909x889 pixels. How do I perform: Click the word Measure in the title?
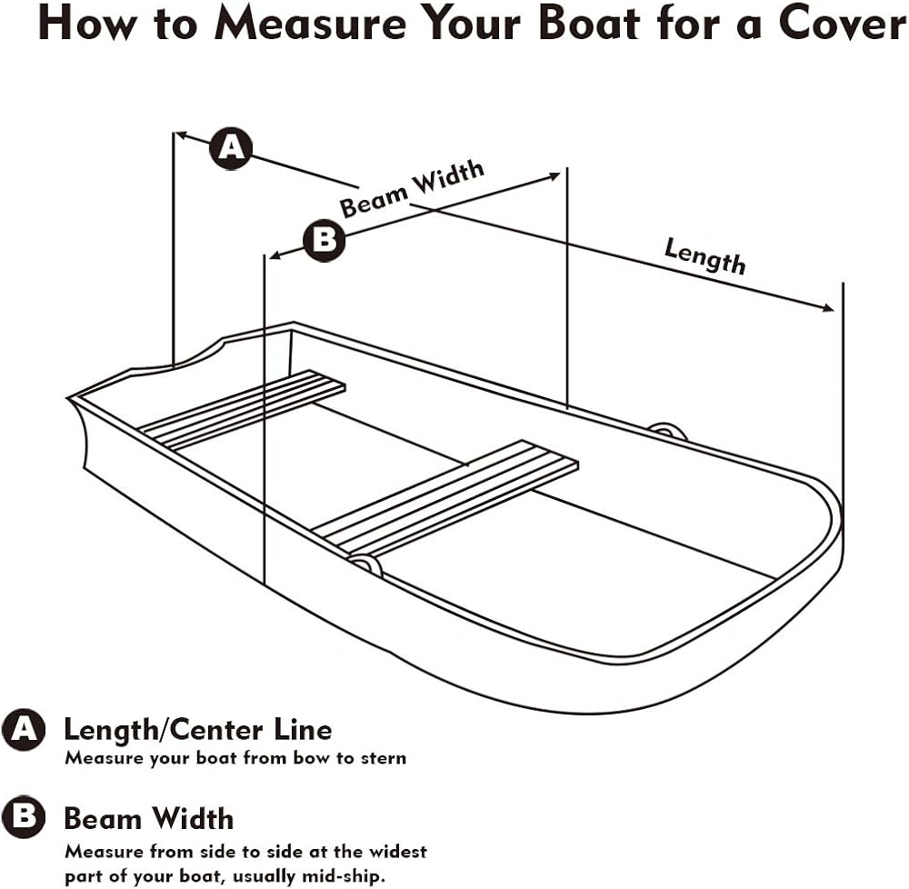pos(310,24)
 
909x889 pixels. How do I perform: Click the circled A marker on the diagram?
pos(231,148)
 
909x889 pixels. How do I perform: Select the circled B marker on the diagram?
pos(325,239)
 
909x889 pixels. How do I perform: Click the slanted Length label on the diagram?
pos(705,255)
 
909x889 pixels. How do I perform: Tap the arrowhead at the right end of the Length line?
pos(828,308)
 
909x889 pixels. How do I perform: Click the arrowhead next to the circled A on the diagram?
pos(182,135)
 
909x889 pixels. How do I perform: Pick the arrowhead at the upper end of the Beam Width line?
pos(554,175)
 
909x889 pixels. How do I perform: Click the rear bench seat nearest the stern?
pos(242,410)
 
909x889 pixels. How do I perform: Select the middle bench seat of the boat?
pos(445,497)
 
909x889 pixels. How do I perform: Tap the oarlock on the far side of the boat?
pos(667,431)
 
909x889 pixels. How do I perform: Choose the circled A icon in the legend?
pos(24,729)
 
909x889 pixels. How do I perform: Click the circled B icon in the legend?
pos(24,817)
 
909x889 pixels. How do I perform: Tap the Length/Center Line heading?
pos(197,730)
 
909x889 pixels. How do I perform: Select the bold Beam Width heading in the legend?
pos(149,819)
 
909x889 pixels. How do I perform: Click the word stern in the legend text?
pos(383,758)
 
